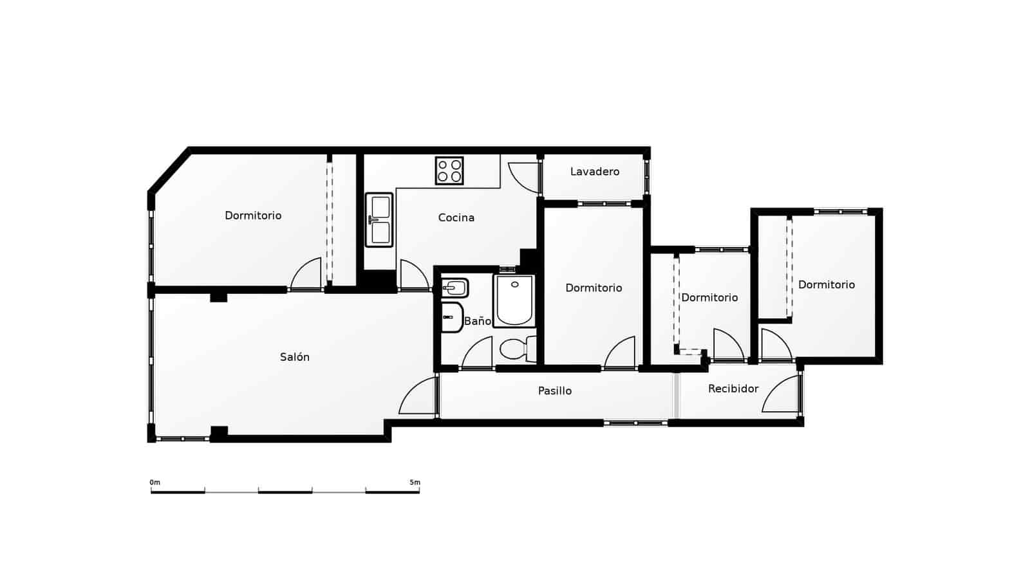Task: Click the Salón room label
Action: click(x=295, y=357)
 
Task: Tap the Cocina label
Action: click(x=456, y=217)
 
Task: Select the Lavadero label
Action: click(x=595, y=172)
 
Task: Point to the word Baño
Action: click(x=478, y=321)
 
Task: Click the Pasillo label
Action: click(x=555, y=391)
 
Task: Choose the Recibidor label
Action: click(x=733, y=389)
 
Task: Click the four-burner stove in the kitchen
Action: click(x=449, y=170)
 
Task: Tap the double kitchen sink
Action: click(x=380, y=220)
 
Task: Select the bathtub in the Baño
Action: click(x=515, y=301)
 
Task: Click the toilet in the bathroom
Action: click(x=515, y=349)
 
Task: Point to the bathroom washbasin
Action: click(x=454, y=287)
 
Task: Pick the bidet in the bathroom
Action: click(x=452, y=317)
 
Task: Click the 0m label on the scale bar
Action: click(x=155, y=482)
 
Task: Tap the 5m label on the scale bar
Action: click(x=415, y=482)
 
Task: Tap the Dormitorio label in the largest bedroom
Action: click(x=253, y=216)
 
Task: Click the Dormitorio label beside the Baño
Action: click(x=594, y=288)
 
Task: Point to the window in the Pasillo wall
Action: click(x=636, y=423)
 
